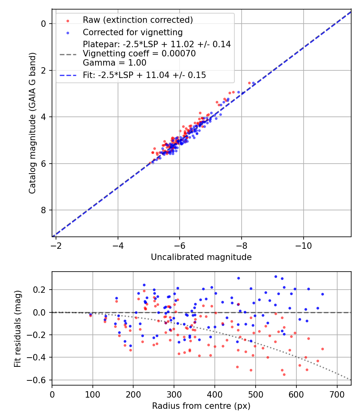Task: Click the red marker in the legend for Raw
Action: (67, 20)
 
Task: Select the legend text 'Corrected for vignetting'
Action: (132, 32)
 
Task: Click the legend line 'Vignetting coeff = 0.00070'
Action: (139, 54)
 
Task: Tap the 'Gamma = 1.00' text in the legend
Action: (114, 63)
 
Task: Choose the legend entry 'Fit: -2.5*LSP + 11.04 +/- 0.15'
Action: (144, 75)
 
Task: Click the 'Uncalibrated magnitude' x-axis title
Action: (201, 257)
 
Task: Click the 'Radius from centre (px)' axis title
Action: (201, 406)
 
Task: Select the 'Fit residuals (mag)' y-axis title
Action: (18, 328)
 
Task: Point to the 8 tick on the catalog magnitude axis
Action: (44, 210)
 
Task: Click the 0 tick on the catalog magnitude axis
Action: (44, 24)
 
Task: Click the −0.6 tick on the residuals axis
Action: (39, 380)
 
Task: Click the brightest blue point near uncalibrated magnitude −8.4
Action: (253, 83)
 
